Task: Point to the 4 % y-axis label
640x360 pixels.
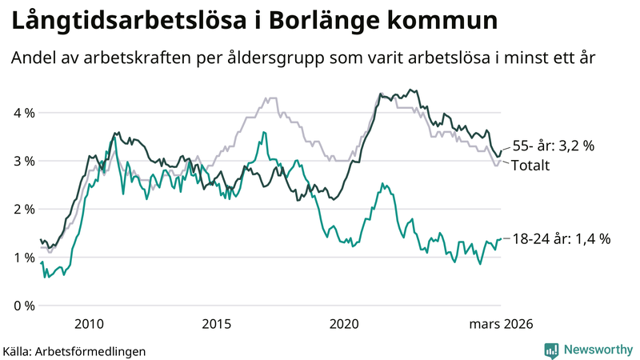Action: (24, 113)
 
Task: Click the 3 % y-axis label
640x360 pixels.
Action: (24, 161)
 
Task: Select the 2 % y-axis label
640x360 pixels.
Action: (24, 209)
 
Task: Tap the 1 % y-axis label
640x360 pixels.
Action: (24, 257)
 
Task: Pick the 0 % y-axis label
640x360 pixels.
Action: (24, 306)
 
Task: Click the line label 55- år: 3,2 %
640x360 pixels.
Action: (565, 146)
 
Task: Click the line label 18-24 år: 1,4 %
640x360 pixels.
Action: (561, 238)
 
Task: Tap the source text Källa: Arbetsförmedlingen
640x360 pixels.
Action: (74, 350)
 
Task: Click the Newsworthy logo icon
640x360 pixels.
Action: (551, 350)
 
